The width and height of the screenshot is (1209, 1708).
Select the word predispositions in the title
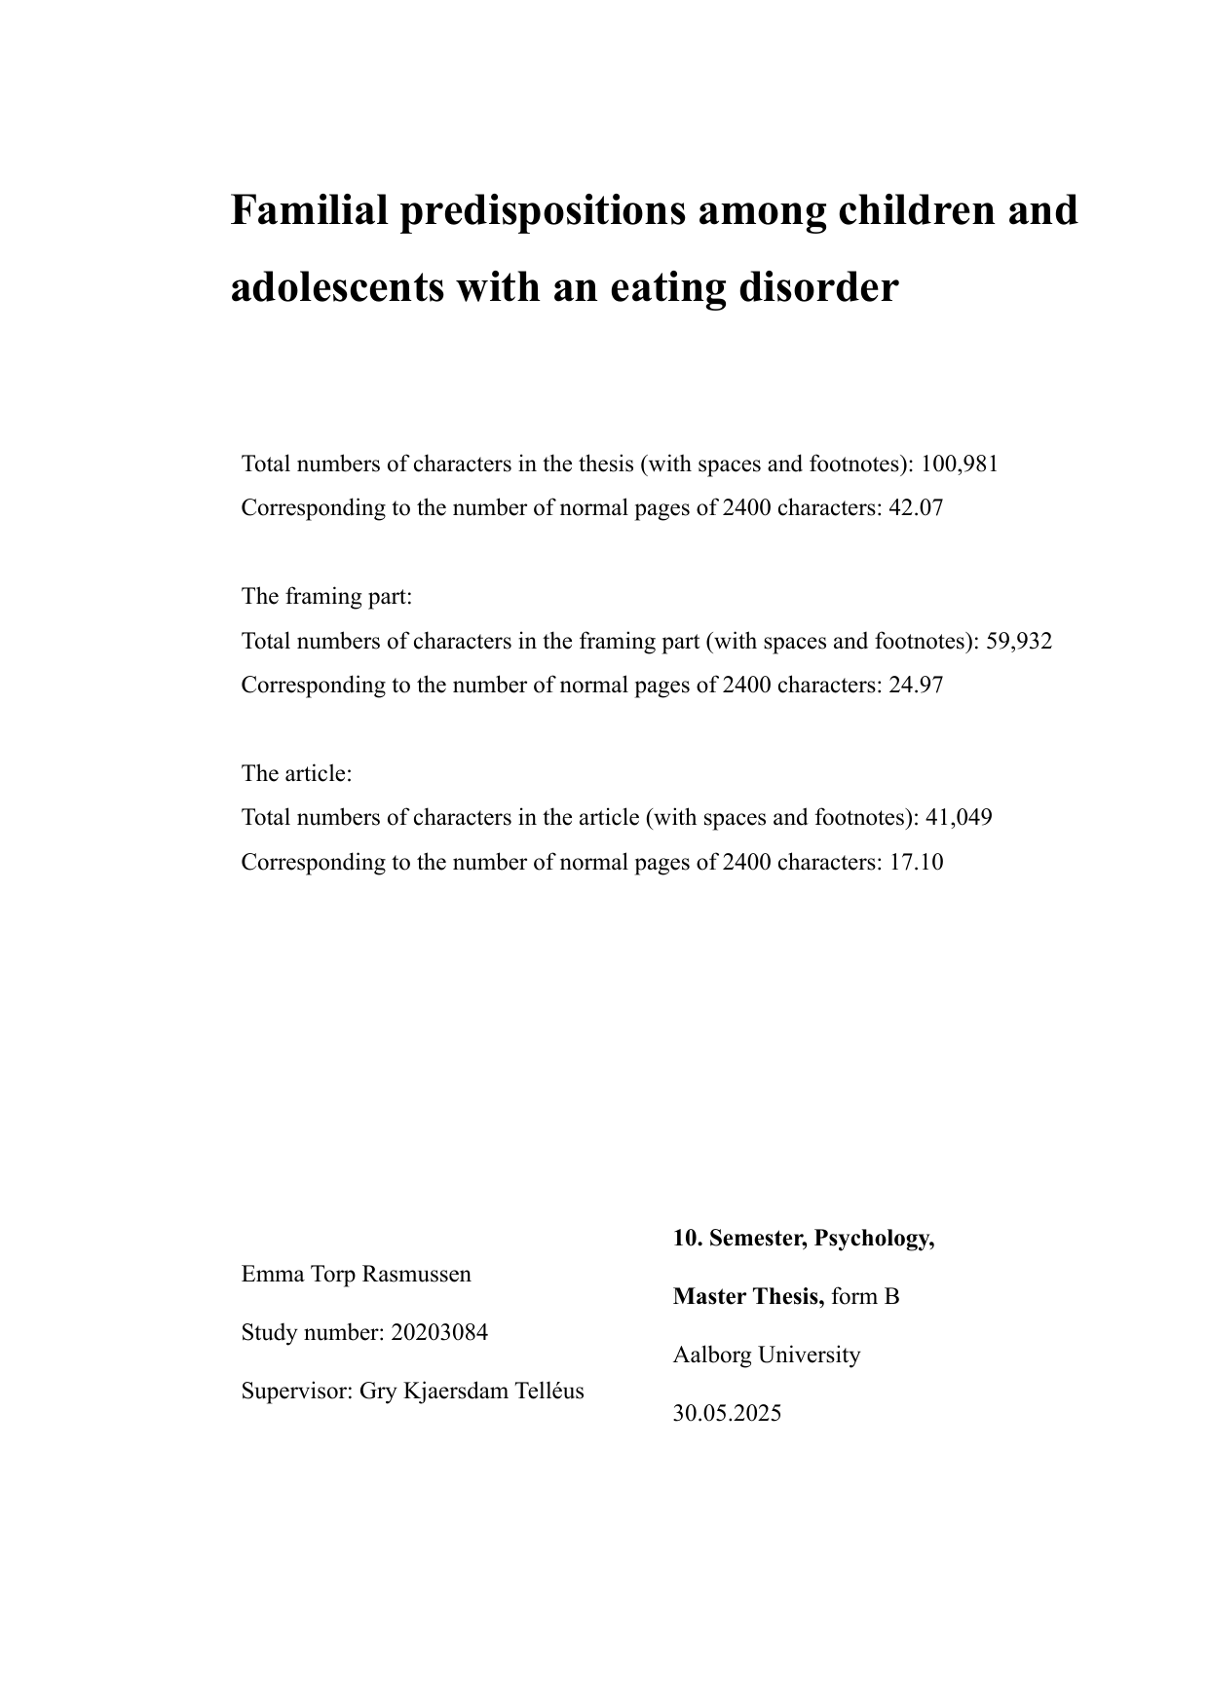(x=542, y=212)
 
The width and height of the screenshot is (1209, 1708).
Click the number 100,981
(x=960, y=464)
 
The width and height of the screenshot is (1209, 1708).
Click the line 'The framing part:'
(x=327, y=596)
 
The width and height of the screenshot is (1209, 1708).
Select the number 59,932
(x=1019, y=641)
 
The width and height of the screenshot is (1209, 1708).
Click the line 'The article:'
(x=296, y=773)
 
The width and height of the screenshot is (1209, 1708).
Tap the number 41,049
(x=959, y=817)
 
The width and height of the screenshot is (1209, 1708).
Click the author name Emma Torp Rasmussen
(x=357, y=1274)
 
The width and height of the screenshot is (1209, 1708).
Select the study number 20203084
(x=439, y=1332)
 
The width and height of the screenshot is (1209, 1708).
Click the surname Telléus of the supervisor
(x=549, y=1391)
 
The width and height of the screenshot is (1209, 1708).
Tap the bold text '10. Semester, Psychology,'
(x=804, y=1238)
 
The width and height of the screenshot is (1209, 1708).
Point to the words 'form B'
(x=865, y=1296)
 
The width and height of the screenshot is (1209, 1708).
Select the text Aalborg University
(x=767, y=1355)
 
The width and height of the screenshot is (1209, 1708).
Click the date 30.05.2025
(x=727, y=1413)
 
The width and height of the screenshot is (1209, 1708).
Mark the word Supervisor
(x=294, y=1391)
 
